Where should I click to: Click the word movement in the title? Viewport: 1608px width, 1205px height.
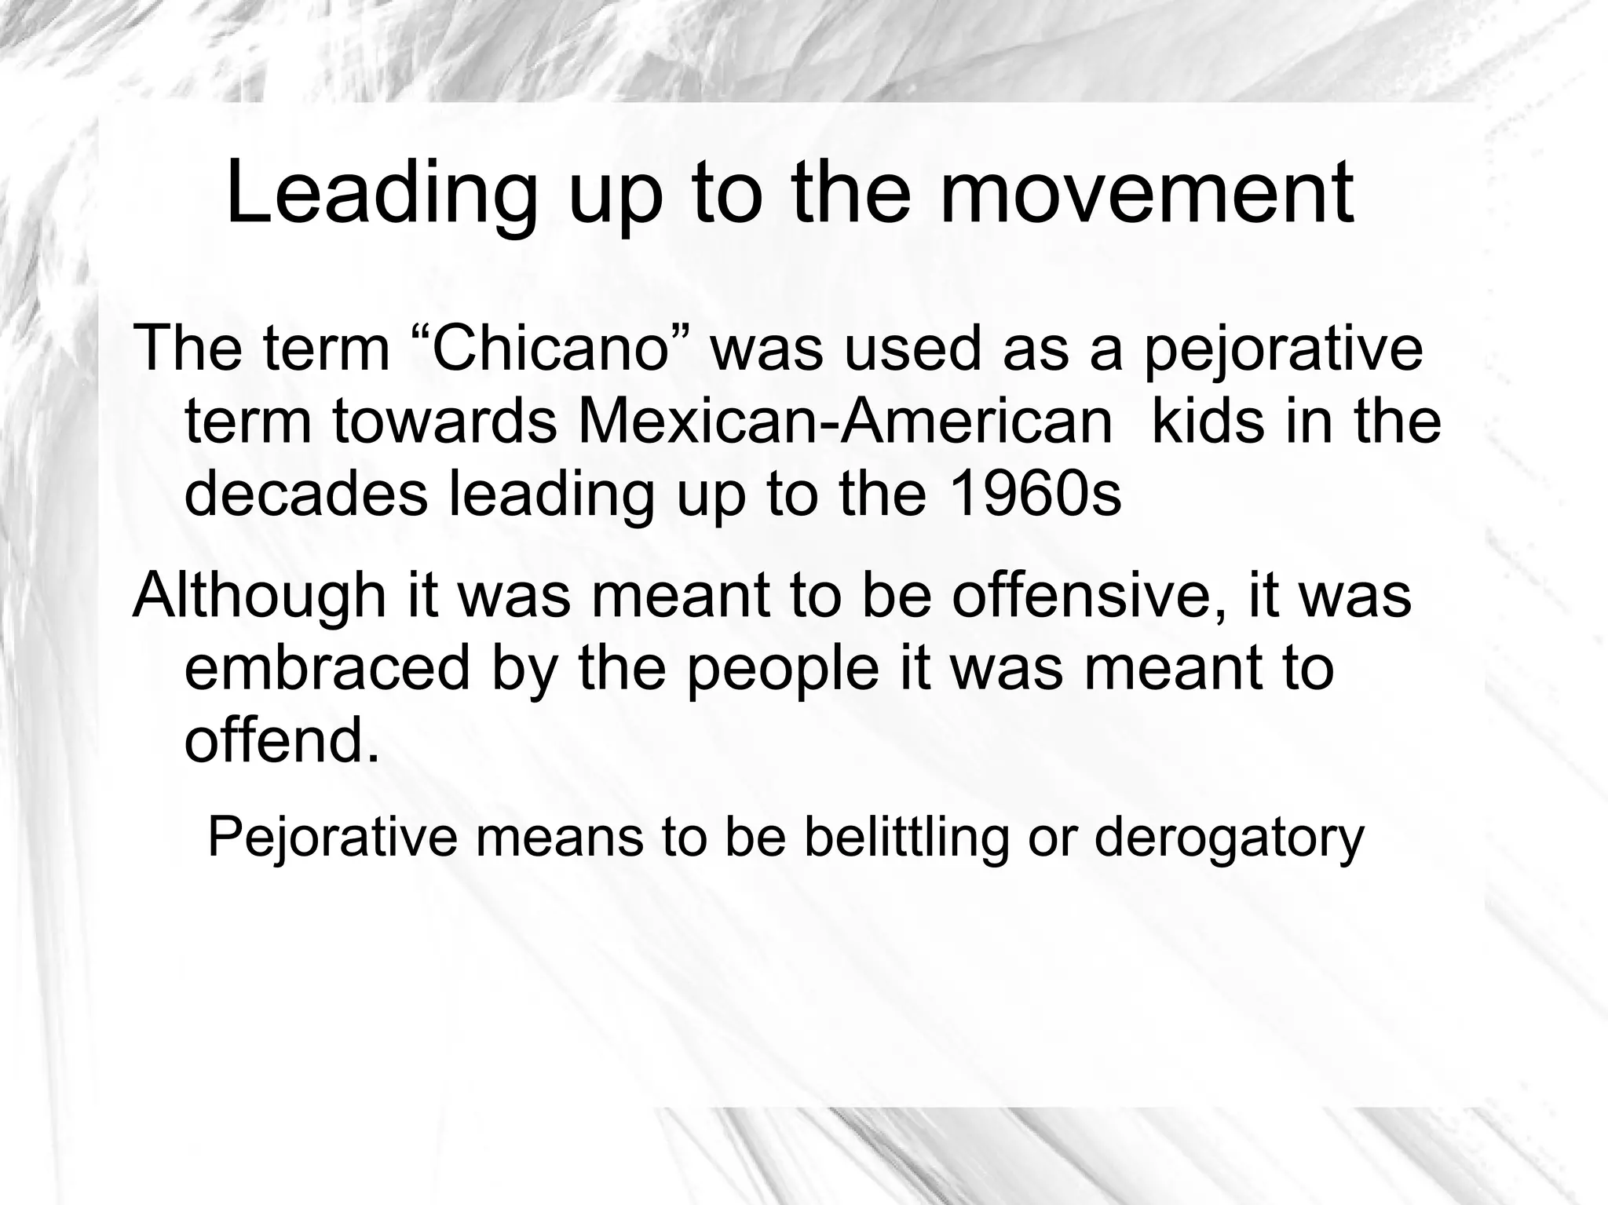(x=1146, y=194)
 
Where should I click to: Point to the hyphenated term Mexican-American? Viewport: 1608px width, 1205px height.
(x=845, y=422)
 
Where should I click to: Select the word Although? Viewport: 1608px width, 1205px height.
(x=258, y=596)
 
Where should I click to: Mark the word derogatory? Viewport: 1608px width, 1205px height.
(x=1229, y=838)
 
